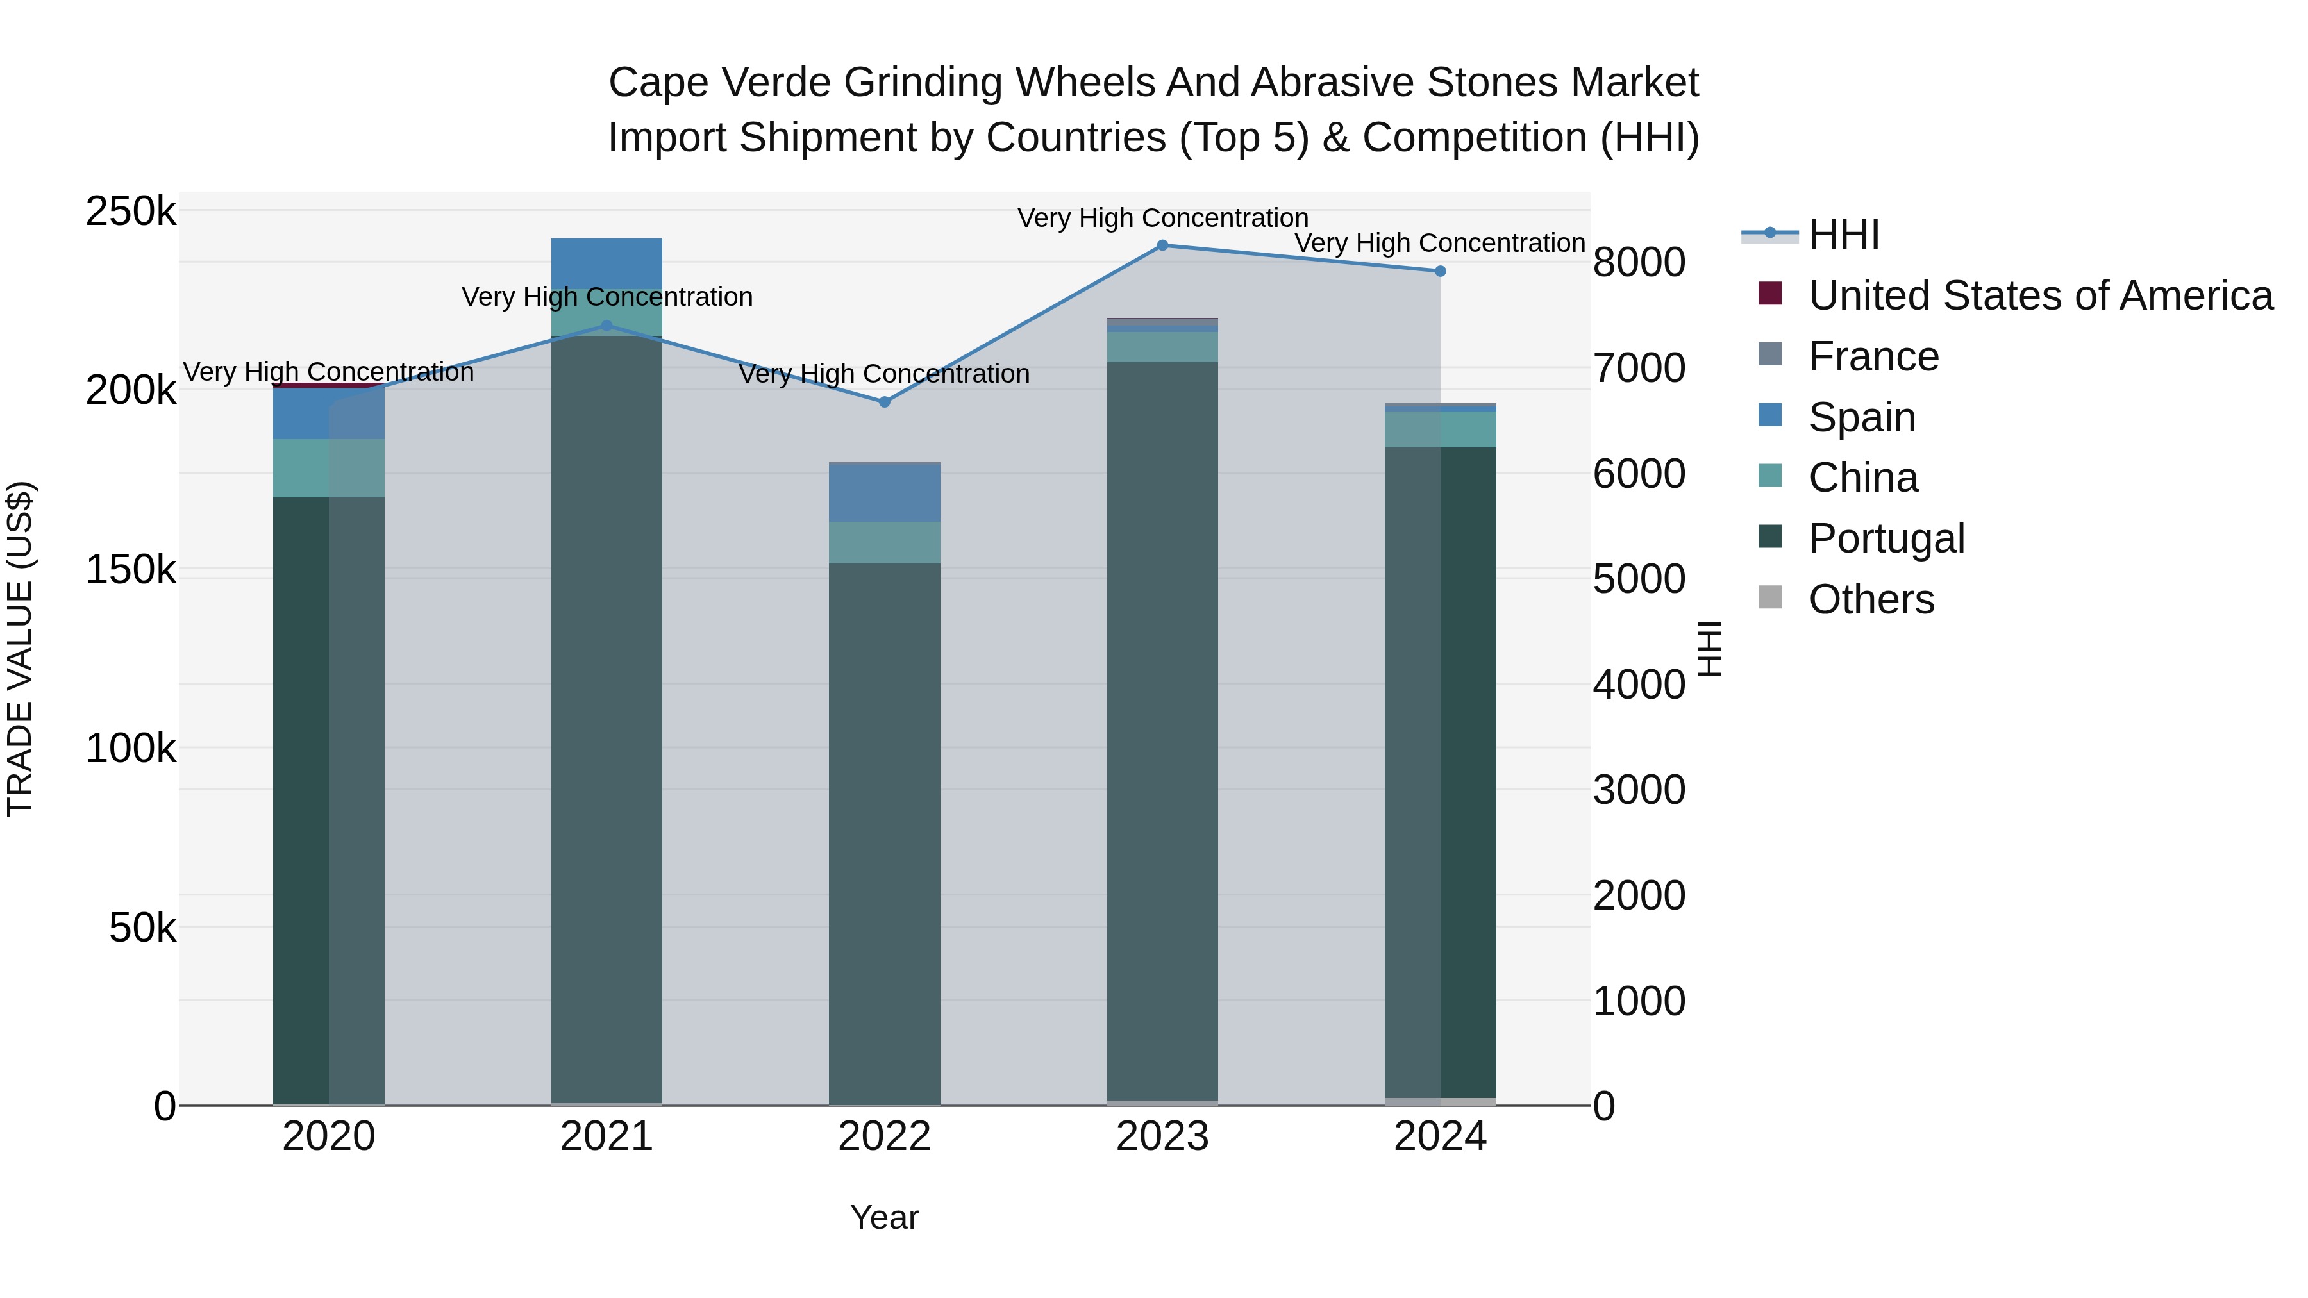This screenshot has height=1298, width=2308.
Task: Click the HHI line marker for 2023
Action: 1162,245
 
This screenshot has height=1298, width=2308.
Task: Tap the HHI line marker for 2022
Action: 884,402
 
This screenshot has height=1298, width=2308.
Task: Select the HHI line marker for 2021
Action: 606,326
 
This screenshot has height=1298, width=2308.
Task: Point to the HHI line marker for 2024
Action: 1440,271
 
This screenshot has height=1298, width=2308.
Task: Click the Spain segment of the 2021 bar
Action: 606,262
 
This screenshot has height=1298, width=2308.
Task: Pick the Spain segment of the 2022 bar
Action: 884,494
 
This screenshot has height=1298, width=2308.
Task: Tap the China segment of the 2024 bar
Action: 1440,429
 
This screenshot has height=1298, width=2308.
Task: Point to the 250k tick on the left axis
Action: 131,212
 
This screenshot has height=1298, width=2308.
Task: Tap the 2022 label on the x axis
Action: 884,1136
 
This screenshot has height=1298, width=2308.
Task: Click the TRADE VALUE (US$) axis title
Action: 20,649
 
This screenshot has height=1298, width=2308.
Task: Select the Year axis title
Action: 884,1217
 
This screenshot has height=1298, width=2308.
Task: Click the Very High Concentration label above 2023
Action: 1162,218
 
